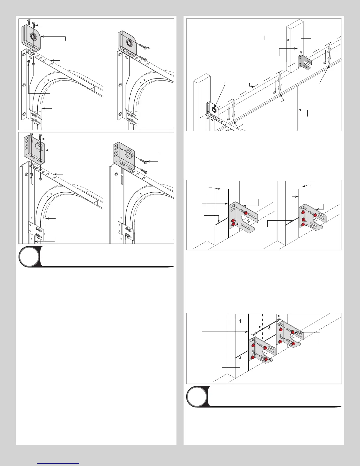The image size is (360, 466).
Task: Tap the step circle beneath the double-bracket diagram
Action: [x=197, y=397]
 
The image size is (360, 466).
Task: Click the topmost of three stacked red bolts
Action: [x=303, y=212]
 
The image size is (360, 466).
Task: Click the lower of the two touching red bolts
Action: [x=234, y=224]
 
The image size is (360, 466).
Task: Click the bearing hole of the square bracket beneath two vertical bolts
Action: [x=39, y=147]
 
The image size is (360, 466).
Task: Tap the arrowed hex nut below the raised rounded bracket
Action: [x=29, y=61]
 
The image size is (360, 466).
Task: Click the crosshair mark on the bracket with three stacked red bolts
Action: [x=315, y=219]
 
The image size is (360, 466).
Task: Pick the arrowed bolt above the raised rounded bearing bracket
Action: [x=33, y=25]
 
